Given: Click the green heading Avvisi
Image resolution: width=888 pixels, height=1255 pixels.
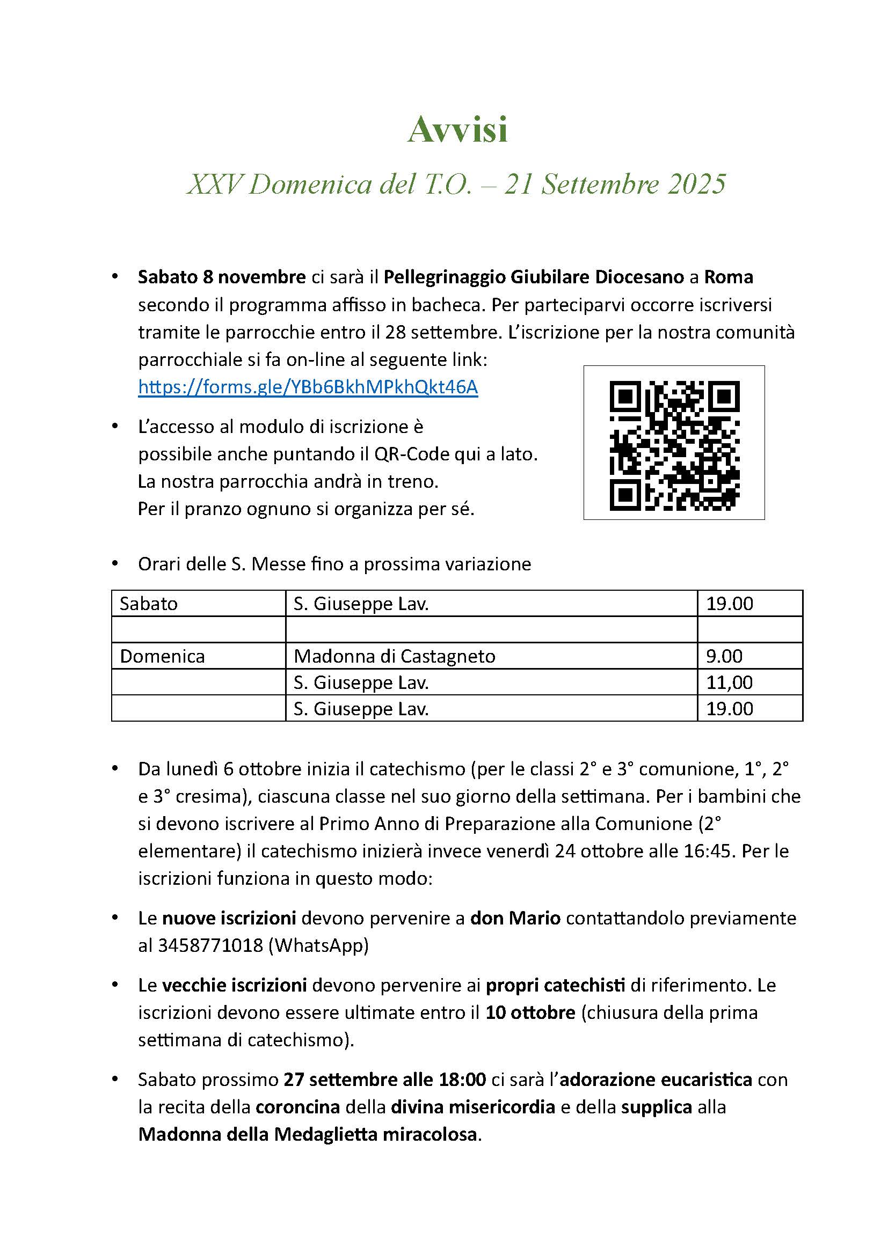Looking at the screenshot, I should [x=457, y=130].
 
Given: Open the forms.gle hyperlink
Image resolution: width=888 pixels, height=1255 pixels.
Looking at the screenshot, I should [x=308, y=387].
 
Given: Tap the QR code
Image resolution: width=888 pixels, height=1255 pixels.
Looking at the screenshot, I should [x=674, y=445].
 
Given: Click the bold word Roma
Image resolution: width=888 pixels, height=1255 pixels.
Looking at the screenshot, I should [x=728, y=277].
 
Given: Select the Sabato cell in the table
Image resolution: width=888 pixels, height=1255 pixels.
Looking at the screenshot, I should [x=149, y=604].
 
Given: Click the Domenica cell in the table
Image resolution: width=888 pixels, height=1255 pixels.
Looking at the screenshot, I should [x=162, y=656].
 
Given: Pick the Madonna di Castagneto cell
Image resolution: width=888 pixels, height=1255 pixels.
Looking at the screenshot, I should [x=394, y=656].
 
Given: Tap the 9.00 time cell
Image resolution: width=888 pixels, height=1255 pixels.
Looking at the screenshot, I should [x=724, y=656].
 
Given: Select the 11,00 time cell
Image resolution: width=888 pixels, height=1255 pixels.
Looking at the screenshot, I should [x=729, y=682].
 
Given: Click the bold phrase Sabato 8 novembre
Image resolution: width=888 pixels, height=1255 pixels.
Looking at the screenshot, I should [x=221, y=277].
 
